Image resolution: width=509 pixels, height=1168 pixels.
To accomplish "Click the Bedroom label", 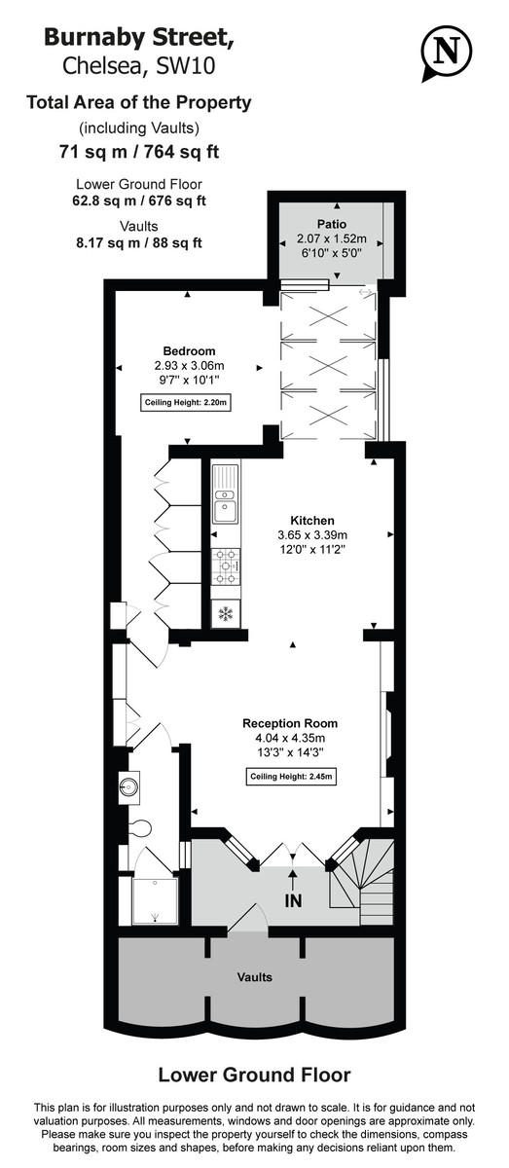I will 189,350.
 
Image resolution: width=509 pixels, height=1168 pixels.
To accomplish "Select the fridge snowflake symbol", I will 226,614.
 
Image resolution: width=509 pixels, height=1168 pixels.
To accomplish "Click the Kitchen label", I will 311,521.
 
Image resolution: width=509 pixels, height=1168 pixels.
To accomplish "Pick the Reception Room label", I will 290,722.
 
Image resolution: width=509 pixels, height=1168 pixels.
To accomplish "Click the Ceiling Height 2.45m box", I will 291,776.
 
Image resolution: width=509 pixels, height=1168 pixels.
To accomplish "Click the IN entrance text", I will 293,901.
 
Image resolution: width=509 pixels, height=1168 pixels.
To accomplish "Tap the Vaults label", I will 256,976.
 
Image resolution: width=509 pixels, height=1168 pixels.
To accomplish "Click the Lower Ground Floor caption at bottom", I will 254,1075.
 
